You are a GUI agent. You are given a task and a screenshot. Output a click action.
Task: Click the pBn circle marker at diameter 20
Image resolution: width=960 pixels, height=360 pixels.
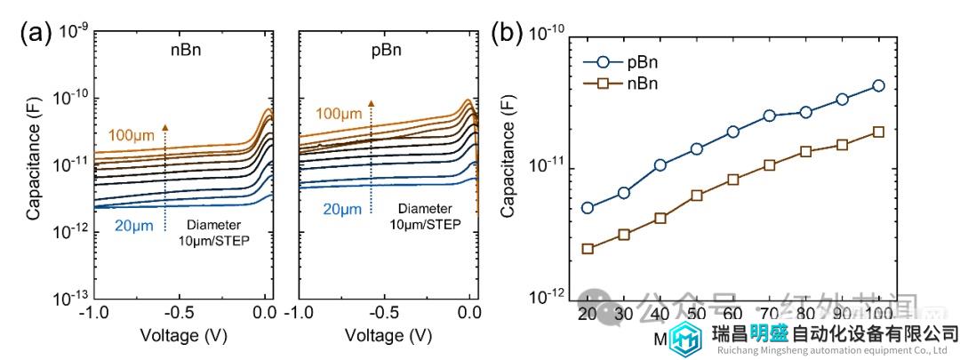(x=588, y=208)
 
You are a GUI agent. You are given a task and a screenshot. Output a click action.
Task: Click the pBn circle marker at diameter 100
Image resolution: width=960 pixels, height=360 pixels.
(x=879, y=85)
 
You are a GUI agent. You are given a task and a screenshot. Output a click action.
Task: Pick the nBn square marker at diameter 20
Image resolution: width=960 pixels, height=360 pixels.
(x=588, y=249)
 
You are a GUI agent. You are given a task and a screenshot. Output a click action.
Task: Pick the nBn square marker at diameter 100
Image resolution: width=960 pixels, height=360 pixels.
(x=879, y=132)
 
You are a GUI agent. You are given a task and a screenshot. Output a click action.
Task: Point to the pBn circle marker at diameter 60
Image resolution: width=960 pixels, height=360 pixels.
(x=733, y=132)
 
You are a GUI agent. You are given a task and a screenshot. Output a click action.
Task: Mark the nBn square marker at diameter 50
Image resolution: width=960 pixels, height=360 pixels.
(x=697, y=196)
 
